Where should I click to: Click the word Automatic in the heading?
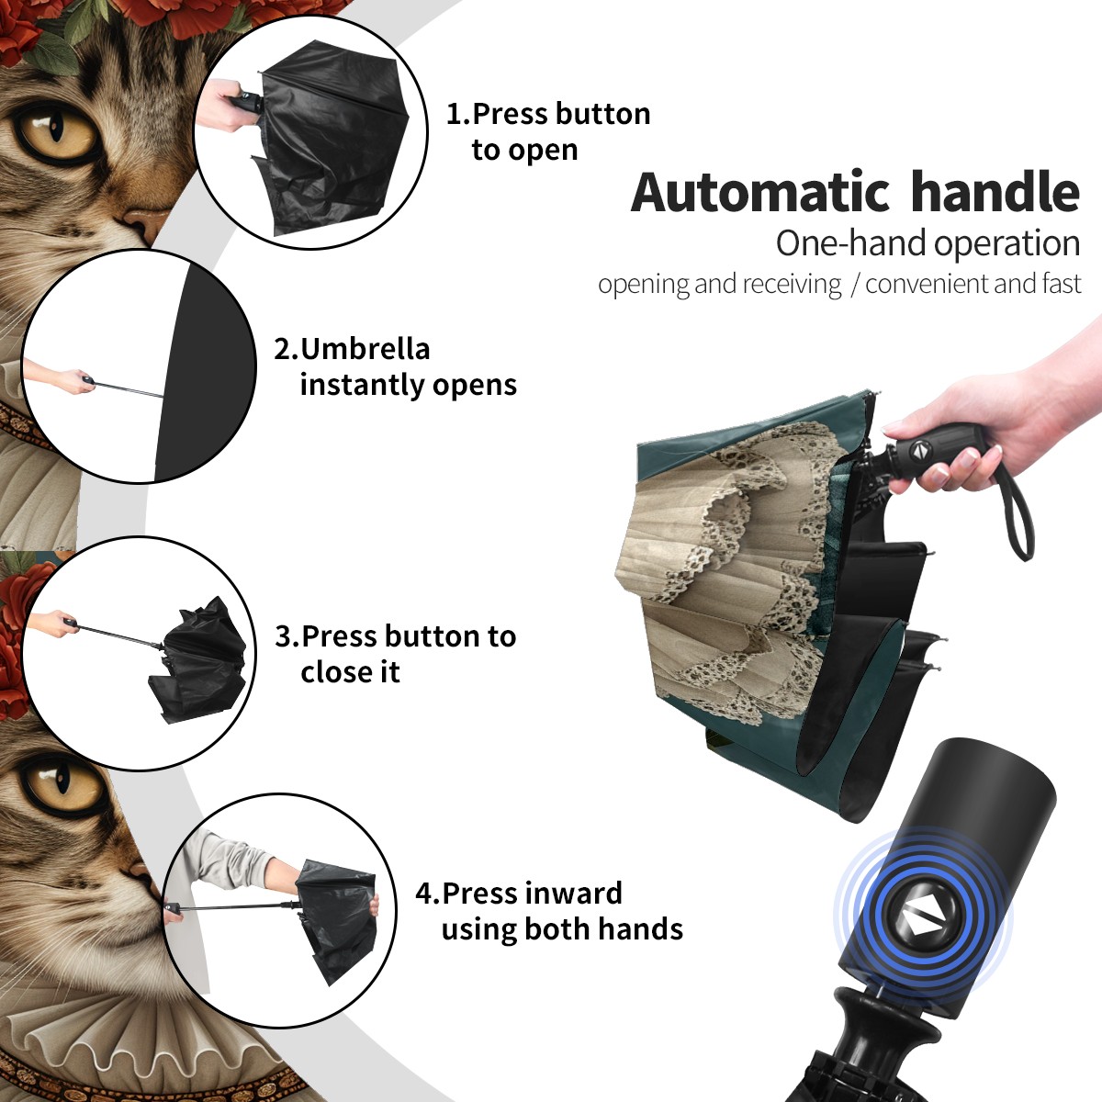760,193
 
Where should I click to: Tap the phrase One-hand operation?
928,244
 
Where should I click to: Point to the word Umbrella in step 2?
365,349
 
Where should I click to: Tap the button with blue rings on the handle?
923,920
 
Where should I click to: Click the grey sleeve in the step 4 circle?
228,857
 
